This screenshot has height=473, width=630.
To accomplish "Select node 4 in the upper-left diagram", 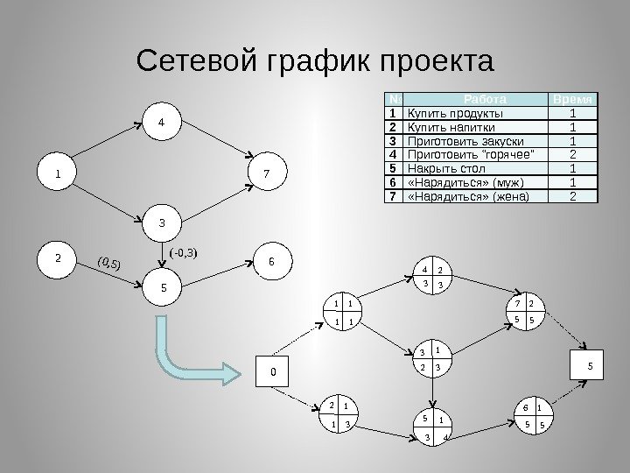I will click(160, 124).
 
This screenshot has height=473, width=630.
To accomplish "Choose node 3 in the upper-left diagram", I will click(160, 222).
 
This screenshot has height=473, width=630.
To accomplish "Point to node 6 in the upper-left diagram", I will click(272, 261).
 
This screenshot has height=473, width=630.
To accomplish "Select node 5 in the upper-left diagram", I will click(161, 286).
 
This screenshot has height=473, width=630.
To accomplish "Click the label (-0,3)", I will click(186, 254).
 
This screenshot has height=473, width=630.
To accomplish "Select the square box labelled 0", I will click(272, 371).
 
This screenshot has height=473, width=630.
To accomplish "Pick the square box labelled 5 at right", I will click(589, 365).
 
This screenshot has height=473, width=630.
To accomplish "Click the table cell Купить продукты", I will click(472, 113).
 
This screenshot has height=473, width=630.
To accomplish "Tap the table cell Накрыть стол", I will click(472, 167).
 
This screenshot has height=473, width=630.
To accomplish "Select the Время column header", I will click(572, 98).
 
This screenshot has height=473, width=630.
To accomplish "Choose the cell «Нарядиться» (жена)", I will click(472, 195).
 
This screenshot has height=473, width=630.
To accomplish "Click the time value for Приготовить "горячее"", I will click(572, 154).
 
